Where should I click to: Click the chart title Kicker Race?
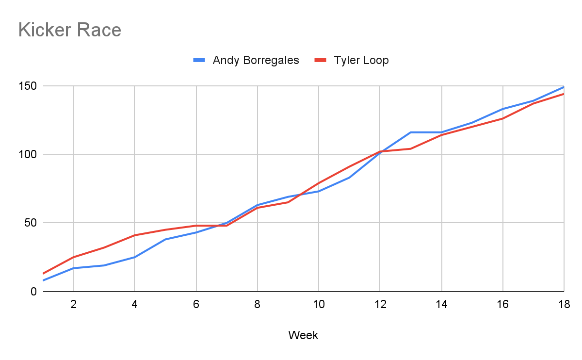[69, 30]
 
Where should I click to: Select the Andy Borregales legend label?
[256, 60]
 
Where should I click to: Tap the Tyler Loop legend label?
[361, 60]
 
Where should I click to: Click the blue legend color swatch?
[200, 60]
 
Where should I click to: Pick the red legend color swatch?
[321, 60]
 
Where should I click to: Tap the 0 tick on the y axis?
[34, 292]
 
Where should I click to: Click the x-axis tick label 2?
[73, 305]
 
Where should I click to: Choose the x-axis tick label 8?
[257, 305]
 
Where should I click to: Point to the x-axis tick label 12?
[380, 305]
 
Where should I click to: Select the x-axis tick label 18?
[564, 305]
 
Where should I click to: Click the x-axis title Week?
[303, 335]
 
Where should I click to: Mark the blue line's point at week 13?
[410, 132]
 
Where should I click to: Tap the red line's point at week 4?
[134, 235]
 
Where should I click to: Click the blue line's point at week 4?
[134, 257]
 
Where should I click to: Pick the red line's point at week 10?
[319, 183]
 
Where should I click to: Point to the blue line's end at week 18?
[564, 87]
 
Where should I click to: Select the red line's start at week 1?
[43, 274]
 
